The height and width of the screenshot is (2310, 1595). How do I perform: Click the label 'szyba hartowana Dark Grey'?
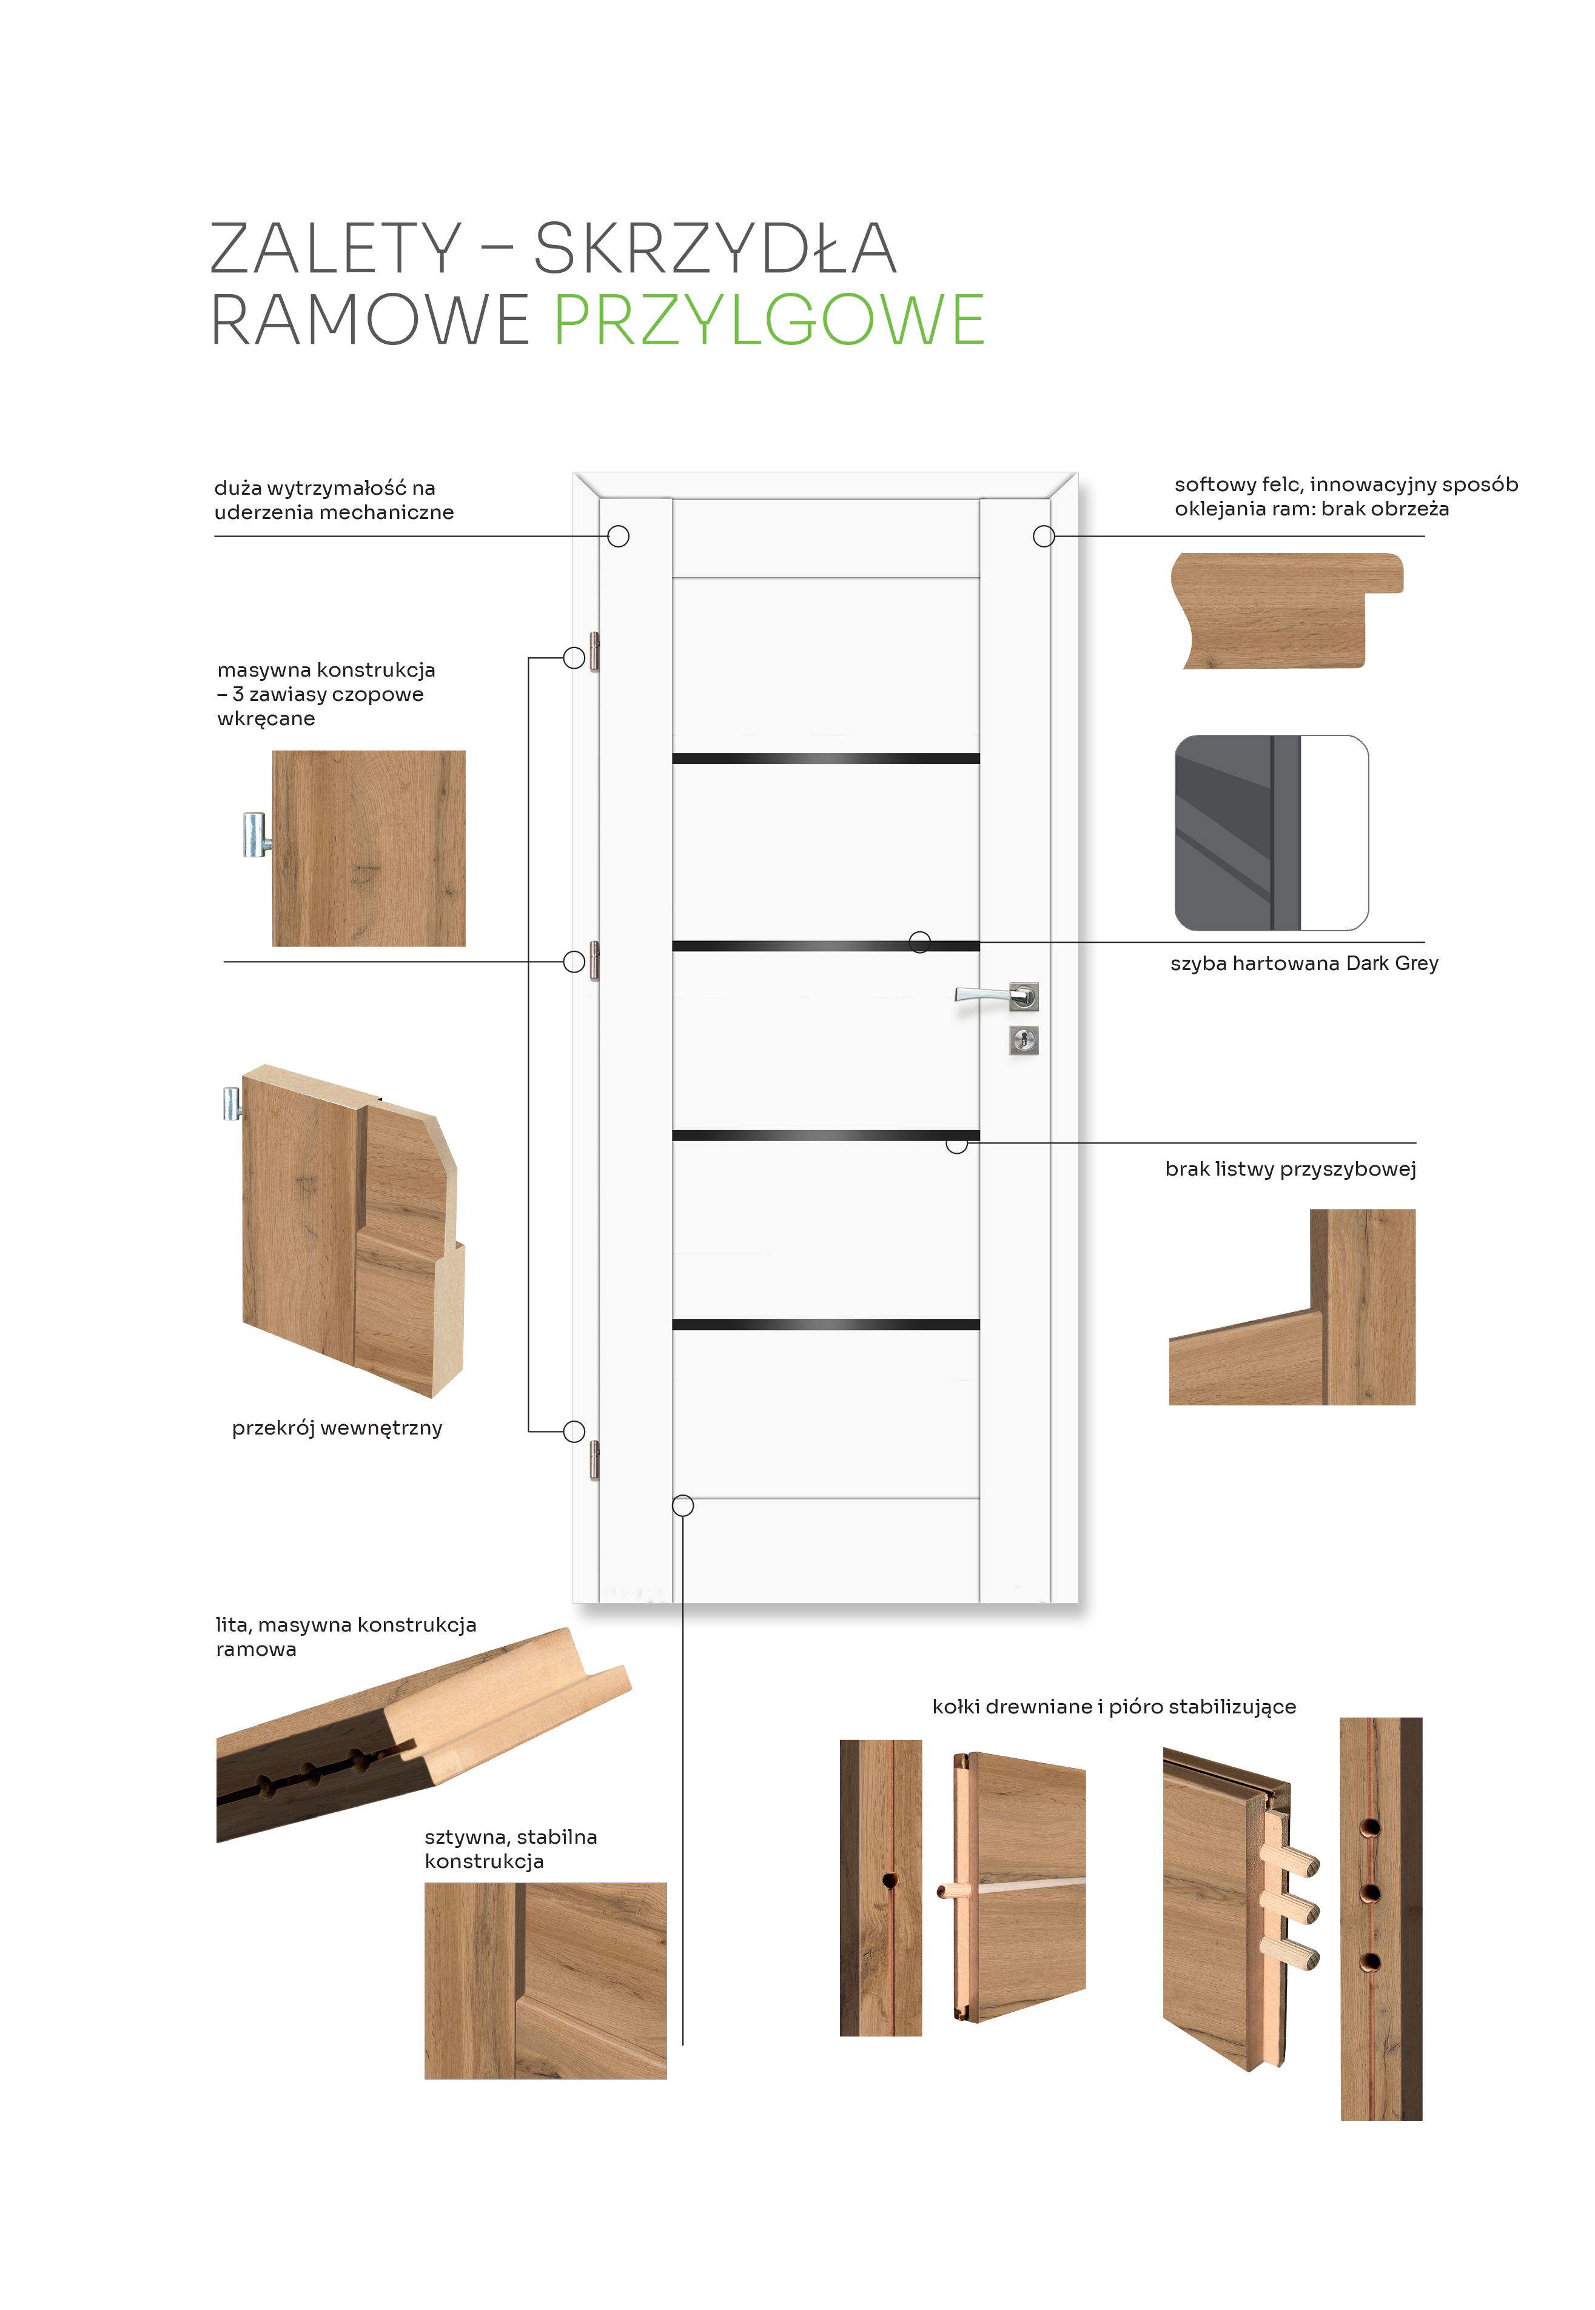click(x=1304, y=964)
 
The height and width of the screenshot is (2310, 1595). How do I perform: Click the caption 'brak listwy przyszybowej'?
click(x=1290, y=1169)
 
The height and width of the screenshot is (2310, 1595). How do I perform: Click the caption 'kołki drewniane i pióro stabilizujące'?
click(x=1114, y=1707)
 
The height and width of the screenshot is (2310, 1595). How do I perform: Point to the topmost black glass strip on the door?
click(x=825, y=758)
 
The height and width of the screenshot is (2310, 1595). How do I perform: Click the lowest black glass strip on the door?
click(x=825, y=1325)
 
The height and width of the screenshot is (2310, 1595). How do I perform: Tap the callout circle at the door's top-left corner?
click(x=619, y=537)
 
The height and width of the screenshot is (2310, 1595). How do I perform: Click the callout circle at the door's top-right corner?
click(x=1043, y=537)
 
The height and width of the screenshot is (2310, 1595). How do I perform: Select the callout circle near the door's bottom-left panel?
click(x=683, y=1505)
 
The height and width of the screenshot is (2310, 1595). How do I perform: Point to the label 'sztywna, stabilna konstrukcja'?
click(x=511, y=1849)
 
